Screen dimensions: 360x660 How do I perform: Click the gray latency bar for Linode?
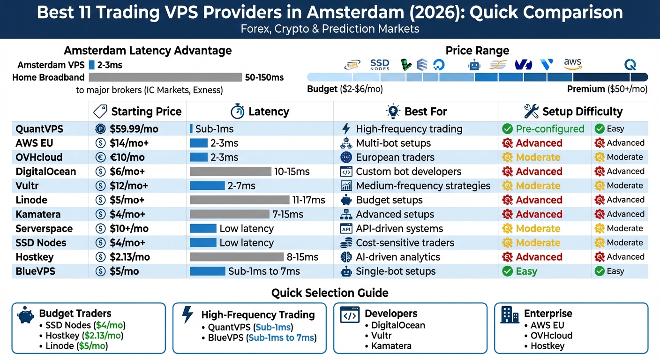tap(240, 200)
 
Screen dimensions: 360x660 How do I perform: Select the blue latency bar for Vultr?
tap(207, 186)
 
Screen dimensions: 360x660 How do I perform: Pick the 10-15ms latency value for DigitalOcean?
tap(292, 172)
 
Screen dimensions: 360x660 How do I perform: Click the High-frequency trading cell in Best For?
tap(409, 129)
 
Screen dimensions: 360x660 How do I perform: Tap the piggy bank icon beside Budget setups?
tap(346, 200)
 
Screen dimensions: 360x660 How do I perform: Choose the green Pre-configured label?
tap(549, 129)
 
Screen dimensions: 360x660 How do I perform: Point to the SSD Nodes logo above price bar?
tap(380, 64)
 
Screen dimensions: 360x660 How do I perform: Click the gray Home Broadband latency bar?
tap(165, 77)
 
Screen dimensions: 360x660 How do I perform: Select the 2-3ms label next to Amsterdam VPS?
tap(110, 65)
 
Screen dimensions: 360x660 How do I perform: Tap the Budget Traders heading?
tap(75, 314)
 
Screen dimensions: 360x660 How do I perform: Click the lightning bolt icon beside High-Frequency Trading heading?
tap(187, 315)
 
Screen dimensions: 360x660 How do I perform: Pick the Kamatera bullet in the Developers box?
tap(391, 346)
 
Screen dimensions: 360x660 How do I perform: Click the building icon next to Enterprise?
tap(510, 315)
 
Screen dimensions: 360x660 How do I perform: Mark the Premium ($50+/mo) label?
tap(607, 89)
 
